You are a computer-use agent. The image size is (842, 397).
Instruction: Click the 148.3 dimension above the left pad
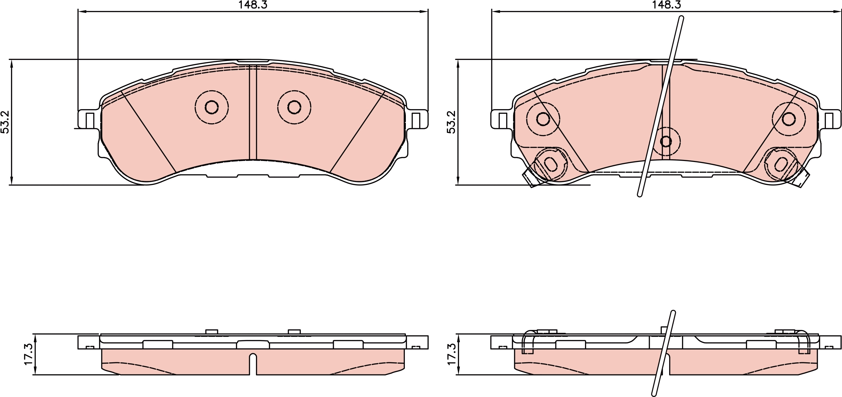[x=253, y=5]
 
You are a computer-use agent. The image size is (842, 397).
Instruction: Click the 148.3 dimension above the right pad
[x=666, y=5]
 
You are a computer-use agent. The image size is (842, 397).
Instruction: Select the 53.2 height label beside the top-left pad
[x=5, y=122]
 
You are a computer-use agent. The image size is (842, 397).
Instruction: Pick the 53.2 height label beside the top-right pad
[x=451, y=122]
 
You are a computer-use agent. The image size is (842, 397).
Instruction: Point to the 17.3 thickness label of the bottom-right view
[x=451, y=354]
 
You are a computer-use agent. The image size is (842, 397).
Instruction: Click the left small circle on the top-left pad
[x=212, y=107]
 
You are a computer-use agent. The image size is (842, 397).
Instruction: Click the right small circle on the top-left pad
[x=294, y=107]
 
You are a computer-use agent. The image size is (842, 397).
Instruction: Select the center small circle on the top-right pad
[x=666, y=141]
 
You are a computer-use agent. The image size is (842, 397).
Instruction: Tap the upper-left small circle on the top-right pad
[x=543, y=119]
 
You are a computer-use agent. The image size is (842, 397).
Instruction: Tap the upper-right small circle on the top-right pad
[x=789, y=119]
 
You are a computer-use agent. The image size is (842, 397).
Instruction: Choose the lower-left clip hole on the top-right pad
[x=551, y=164]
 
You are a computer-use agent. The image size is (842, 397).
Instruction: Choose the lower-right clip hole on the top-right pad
[x=781, y=164]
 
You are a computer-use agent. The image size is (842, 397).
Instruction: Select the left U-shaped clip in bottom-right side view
[x=528, y=347]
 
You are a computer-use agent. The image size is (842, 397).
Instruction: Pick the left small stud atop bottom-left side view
[x=212, y=332]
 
